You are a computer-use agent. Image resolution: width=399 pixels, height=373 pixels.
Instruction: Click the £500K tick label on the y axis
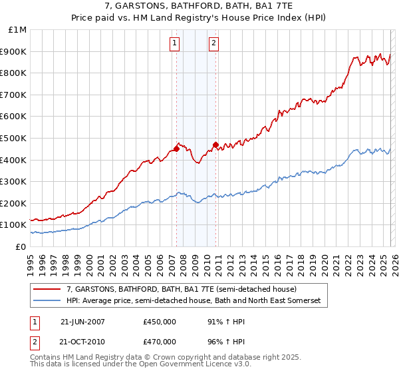15,138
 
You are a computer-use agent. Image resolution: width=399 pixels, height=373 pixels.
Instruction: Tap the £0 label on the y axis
21,246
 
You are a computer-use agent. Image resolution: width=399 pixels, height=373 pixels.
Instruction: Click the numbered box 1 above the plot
174,44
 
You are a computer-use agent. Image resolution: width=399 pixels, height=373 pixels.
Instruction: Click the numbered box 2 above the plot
213,44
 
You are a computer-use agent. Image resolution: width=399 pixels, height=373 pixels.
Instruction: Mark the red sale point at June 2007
176,149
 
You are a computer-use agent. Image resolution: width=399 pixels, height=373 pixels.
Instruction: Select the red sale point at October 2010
215,145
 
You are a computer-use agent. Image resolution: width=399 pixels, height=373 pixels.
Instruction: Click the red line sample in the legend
47,290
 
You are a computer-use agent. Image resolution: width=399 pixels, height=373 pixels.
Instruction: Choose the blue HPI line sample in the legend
47,301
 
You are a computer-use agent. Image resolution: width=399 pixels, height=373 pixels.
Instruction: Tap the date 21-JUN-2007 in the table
82,321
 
